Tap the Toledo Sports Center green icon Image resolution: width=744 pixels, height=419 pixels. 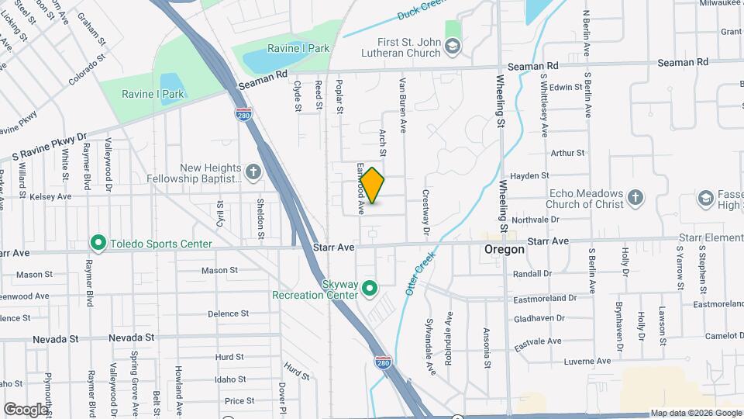click(98, 244)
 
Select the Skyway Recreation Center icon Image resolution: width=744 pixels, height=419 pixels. click(370, 289)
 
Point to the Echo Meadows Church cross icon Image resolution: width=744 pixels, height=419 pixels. click(635, 196)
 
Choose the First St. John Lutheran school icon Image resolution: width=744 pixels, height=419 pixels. click(453, 47)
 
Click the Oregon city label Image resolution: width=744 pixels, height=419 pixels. click(505, 250)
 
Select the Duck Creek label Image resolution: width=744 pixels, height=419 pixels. click(423, 11)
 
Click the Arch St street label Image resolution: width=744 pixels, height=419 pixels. click(382, 142)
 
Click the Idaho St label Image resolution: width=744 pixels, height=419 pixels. click(230, 379)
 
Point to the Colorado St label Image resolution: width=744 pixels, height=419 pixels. click(86, 68)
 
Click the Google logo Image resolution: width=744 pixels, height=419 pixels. click(25, 409)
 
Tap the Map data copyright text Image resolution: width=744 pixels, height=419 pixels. click(695, 413)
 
